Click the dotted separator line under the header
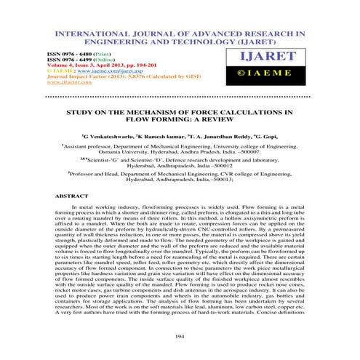pos(180,96)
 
